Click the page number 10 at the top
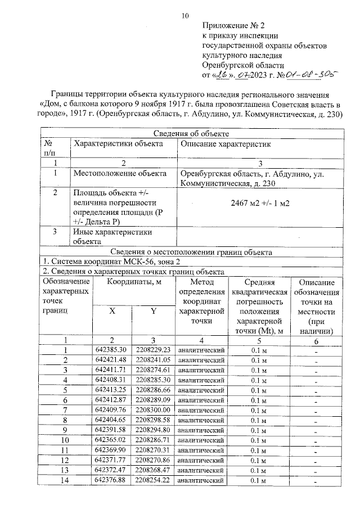point(185,15)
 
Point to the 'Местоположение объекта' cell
point(119,173)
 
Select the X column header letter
point(112,312)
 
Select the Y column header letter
point(152,312)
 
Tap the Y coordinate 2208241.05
point(153,360)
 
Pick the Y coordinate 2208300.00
point(153,410)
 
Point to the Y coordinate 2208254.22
point(153,480)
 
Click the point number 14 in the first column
point(65,480)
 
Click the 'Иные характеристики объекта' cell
point(113,236)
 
